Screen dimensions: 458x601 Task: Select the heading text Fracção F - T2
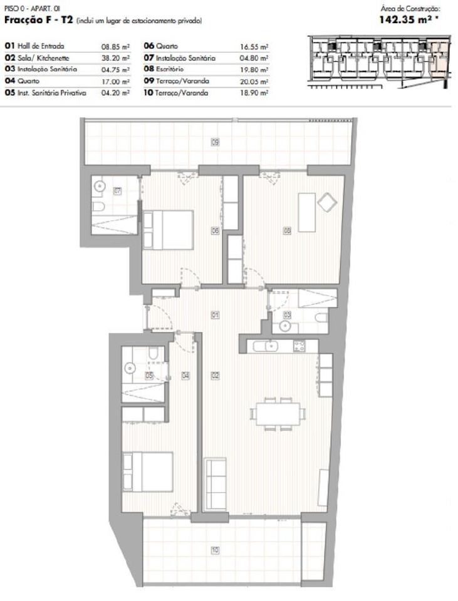pyautogui.click(x=38, y=20)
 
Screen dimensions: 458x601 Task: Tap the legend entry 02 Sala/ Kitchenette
pyautogui.click(x=37, y=58)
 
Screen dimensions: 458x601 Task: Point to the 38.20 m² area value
pyautogui.click(x=115, y=58)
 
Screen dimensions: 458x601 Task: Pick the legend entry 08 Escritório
pyautogui.click(x=164, y=69)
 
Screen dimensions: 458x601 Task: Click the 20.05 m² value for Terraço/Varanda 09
pyautogui.click(x=254, y=81)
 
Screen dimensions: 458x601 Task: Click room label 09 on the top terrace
pyautogui.click(x=215, y=142)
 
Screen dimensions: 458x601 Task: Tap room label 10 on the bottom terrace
pyautogui.click(x=215, y=550)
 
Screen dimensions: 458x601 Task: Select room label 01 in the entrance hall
pyautogui.click(x=215, y=315)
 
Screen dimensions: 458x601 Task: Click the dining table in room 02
pyautogui.click(x=278, y=414)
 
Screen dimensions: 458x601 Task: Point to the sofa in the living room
pyautogui.click(x=215, y=484)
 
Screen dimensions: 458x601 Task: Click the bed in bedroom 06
pyautogui.click(x=168, y=230)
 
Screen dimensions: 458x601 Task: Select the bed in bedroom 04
pyautogui.click(x=148, y=472)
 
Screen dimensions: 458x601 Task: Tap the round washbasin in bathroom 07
pyautogui.click(x=100, y=187)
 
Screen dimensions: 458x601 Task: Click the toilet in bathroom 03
pyautogui.click(x=321, y=317)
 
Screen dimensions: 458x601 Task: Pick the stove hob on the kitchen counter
pyautogui.click(x=299, y=346)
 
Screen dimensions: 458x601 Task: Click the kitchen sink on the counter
pyautogui.click(x=266, y=346)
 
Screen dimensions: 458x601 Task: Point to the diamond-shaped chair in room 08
pyautogui.click(x=327, y=202)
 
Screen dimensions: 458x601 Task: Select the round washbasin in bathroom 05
pyautogui.click(x=130, y=368)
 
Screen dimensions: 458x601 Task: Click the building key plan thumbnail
pyautogui.click(x=379, y=62)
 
